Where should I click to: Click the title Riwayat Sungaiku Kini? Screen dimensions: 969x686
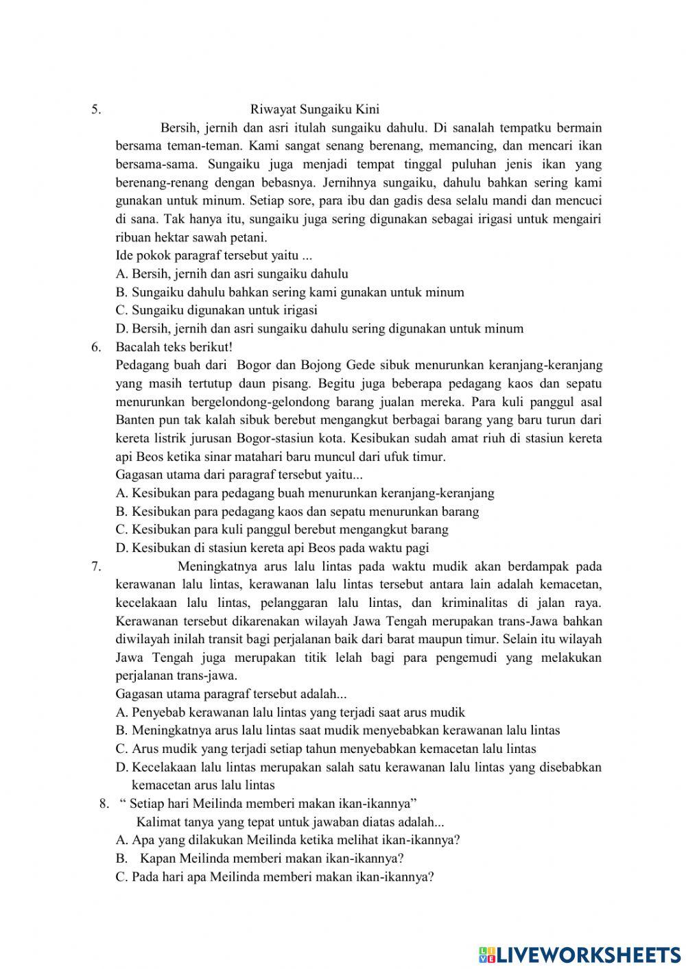[315, 109]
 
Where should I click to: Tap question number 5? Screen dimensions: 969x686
[96, 109]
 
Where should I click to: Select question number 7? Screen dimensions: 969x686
[96, 566]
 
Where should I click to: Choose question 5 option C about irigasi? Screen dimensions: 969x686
[216, 310]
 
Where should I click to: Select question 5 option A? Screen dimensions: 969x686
[232, 274]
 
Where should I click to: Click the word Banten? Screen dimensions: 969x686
[136, 420]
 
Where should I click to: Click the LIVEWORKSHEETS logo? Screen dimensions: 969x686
[580, 954]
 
